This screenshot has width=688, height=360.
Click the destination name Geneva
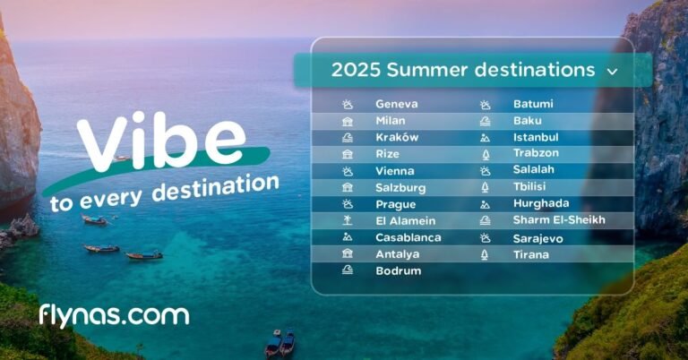pyautogui.click(x=396, y=104)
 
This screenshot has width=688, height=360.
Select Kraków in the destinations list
pyautogui.click(x=397, y=138)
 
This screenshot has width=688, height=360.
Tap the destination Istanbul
pyautogui.click(x=536, y=138)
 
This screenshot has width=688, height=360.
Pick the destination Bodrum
pyautogui.click(x=398, y=271)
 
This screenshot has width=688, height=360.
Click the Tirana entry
pyautogui.click(x=531, y=255)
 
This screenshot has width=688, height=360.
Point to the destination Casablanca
pyautogui.click(x=408, y=238)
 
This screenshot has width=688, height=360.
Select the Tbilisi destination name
pyautogui.click(x=531, y=188)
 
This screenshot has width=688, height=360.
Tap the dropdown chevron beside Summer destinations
pyautogui.click(x=612, y=71)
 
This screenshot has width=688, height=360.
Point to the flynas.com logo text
pyautogui.click(x=114, y=315)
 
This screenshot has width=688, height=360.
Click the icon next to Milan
pyautogui.click(x=347, y=121)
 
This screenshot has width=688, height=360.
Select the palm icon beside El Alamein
pyautogui.click(x=347, y=221)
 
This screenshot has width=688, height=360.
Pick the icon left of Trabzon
pyautogui.click(x=485, y=154)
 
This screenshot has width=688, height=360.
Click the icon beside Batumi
pyautogui.click(x=485, y=104)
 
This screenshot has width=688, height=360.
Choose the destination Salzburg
pyautogui.click(x=400, y=188)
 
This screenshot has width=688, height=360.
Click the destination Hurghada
pyautogui.click(x=541, y=204)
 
